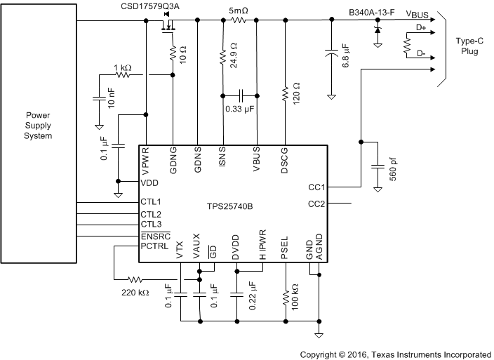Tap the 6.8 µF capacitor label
(x=345, y=55)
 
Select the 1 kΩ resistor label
(x=122, y=67)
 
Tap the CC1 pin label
(x=317, y=188)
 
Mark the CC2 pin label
(x=317, y=204)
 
